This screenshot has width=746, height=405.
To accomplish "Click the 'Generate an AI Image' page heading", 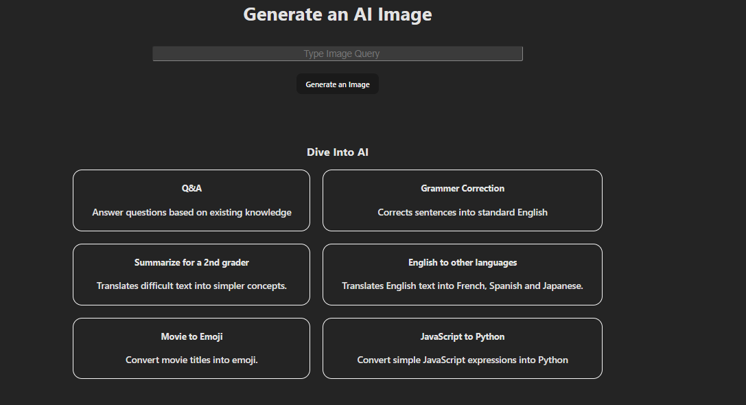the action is (338, 14).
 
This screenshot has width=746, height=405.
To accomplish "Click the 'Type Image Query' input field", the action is (338, 54).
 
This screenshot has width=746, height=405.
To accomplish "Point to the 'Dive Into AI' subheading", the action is (338, 152).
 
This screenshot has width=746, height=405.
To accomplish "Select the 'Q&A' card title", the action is (191, 188).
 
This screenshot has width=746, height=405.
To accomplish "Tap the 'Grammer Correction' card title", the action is (463, 188).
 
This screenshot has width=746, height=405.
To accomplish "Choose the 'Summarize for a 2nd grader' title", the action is (191, 262).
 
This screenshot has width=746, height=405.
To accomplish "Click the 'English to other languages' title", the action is (463, 262).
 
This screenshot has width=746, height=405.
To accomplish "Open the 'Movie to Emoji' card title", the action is (191, 336).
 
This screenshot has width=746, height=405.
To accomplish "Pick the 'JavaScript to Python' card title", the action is (463, 336).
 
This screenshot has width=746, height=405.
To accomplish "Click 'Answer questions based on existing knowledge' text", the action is (191, 213).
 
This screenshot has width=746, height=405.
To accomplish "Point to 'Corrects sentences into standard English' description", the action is (463, 213).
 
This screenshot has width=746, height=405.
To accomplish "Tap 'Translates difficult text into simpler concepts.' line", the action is (191, 286).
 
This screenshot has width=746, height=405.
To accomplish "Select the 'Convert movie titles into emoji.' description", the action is (191, 360).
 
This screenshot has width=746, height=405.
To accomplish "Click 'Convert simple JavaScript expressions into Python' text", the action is (463, 360).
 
